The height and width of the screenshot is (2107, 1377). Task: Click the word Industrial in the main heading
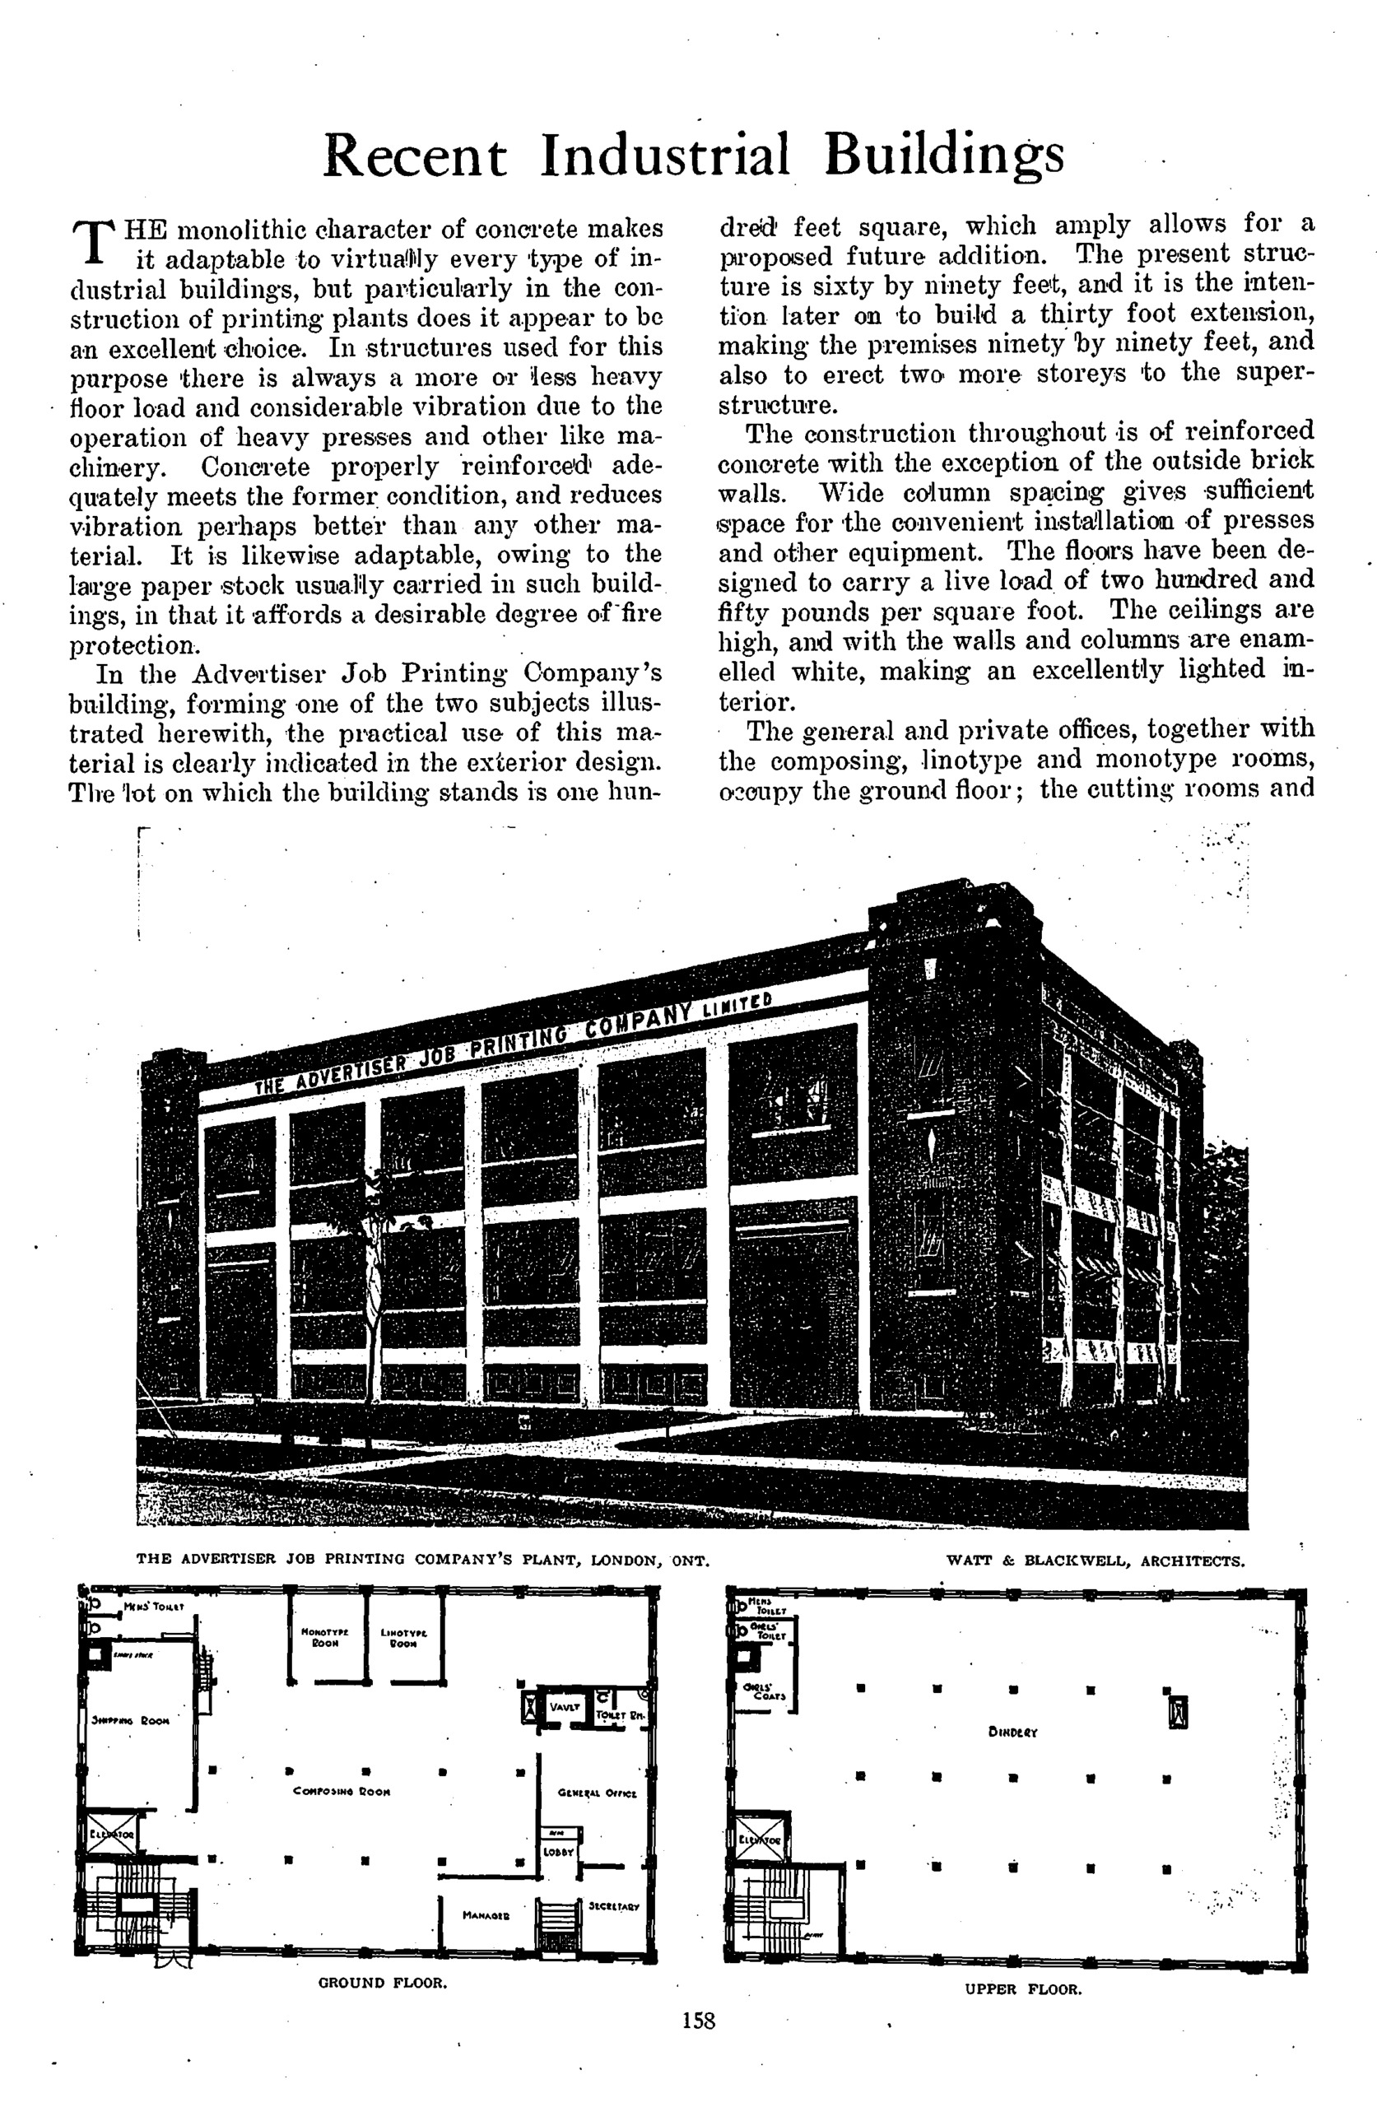[664, 156]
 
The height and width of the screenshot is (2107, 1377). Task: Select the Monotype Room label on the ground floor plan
[325, 1637]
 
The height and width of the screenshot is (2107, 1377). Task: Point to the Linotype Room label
[404, 1637]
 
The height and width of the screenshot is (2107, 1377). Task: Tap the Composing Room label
[342, 1791]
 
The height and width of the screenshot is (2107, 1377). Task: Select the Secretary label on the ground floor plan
[613, 1905]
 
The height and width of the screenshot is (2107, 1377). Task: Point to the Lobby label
[559, 1851]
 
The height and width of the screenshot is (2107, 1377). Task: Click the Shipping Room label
[130, 1721]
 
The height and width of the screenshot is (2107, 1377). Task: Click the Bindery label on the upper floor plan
[1013, 1732]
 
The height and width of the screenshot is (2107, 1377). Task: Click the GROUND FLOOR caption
[383, 1982]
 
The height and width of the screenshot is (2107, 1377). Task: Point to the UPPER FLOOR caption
[1024, 1989]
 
